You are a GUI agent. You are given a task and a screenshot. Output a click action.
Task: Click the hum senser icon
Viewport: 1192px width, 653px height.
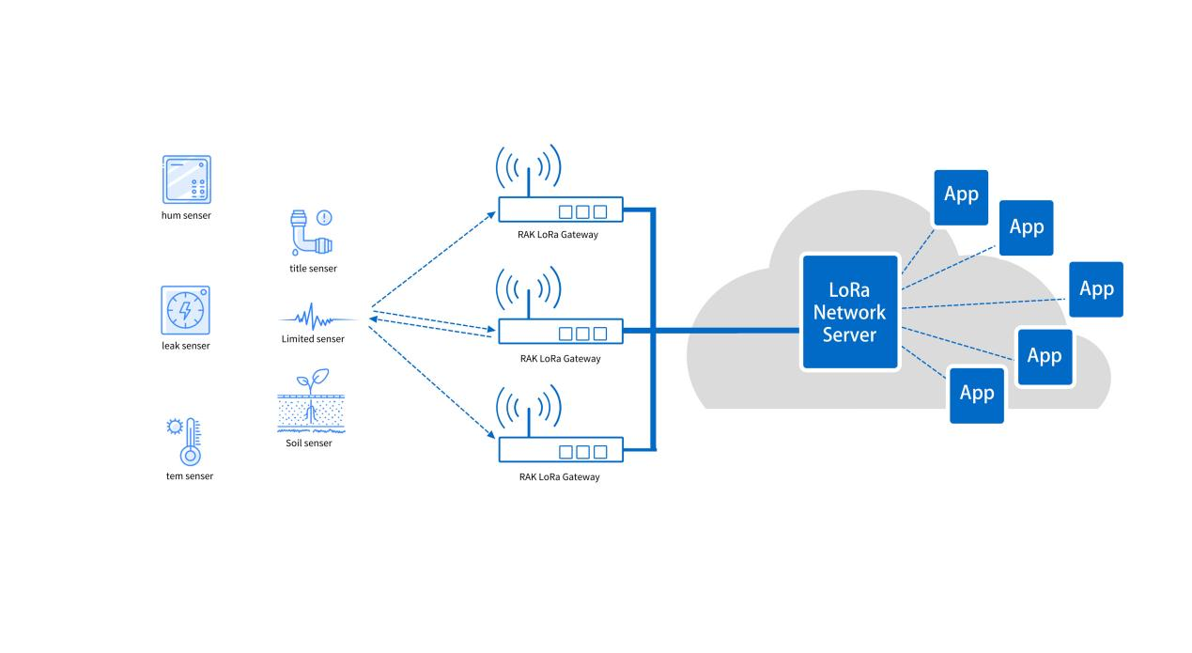point(186,179)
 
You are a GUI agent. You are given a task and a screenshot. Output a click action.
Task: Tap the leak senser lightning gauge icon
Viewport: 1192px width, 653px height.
point(185,310)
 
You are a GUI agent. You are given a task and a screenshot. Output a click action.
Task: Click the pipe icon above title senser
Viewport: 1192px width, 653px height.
point(306,235)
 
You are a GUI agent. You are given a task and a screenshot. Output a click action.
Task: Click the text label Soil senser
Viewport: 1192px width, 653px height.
point(309,443)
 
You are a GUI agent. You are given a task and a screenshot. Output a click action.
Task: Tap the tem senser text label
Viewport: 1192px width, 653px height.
point(189,476)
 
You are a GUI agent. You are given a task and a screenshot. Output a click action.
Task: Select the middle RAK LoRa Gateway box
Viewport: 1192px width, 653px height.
point(561,332)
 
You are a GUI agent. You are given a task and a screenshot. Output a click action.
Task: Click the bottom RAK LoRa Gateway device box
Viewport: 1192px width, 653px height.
point(561,451)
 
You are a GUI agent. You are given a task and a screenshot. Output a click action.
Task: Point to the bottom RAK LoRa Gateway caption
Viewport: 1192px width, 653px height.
point(559,477)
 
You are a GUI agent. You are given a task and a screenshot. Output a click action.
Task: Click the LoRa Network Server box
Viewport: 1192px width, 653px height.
point(849,310)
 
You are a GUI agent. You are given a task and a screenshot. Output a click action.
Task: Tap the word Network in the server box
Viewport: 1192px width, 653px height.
point(849,312)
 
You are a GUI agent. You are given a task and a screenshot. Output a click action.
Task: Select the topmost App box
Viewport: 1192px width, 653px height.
point(961,196)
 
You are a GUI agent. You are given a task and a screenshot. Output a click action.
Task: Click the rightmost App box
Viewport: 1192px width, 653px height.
point(1095,289)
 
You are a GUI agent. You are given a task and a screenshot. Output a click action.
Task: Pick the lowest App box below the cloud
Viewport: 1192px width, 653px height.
point(977,395)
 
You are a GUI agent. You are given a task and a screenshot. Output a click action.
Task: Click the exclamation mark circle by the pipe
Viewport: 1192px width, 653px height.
point(325,218)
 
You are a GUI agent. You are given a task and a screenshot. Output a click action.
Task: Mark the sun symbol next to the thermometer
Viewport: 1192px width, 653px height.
point(173,427)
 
